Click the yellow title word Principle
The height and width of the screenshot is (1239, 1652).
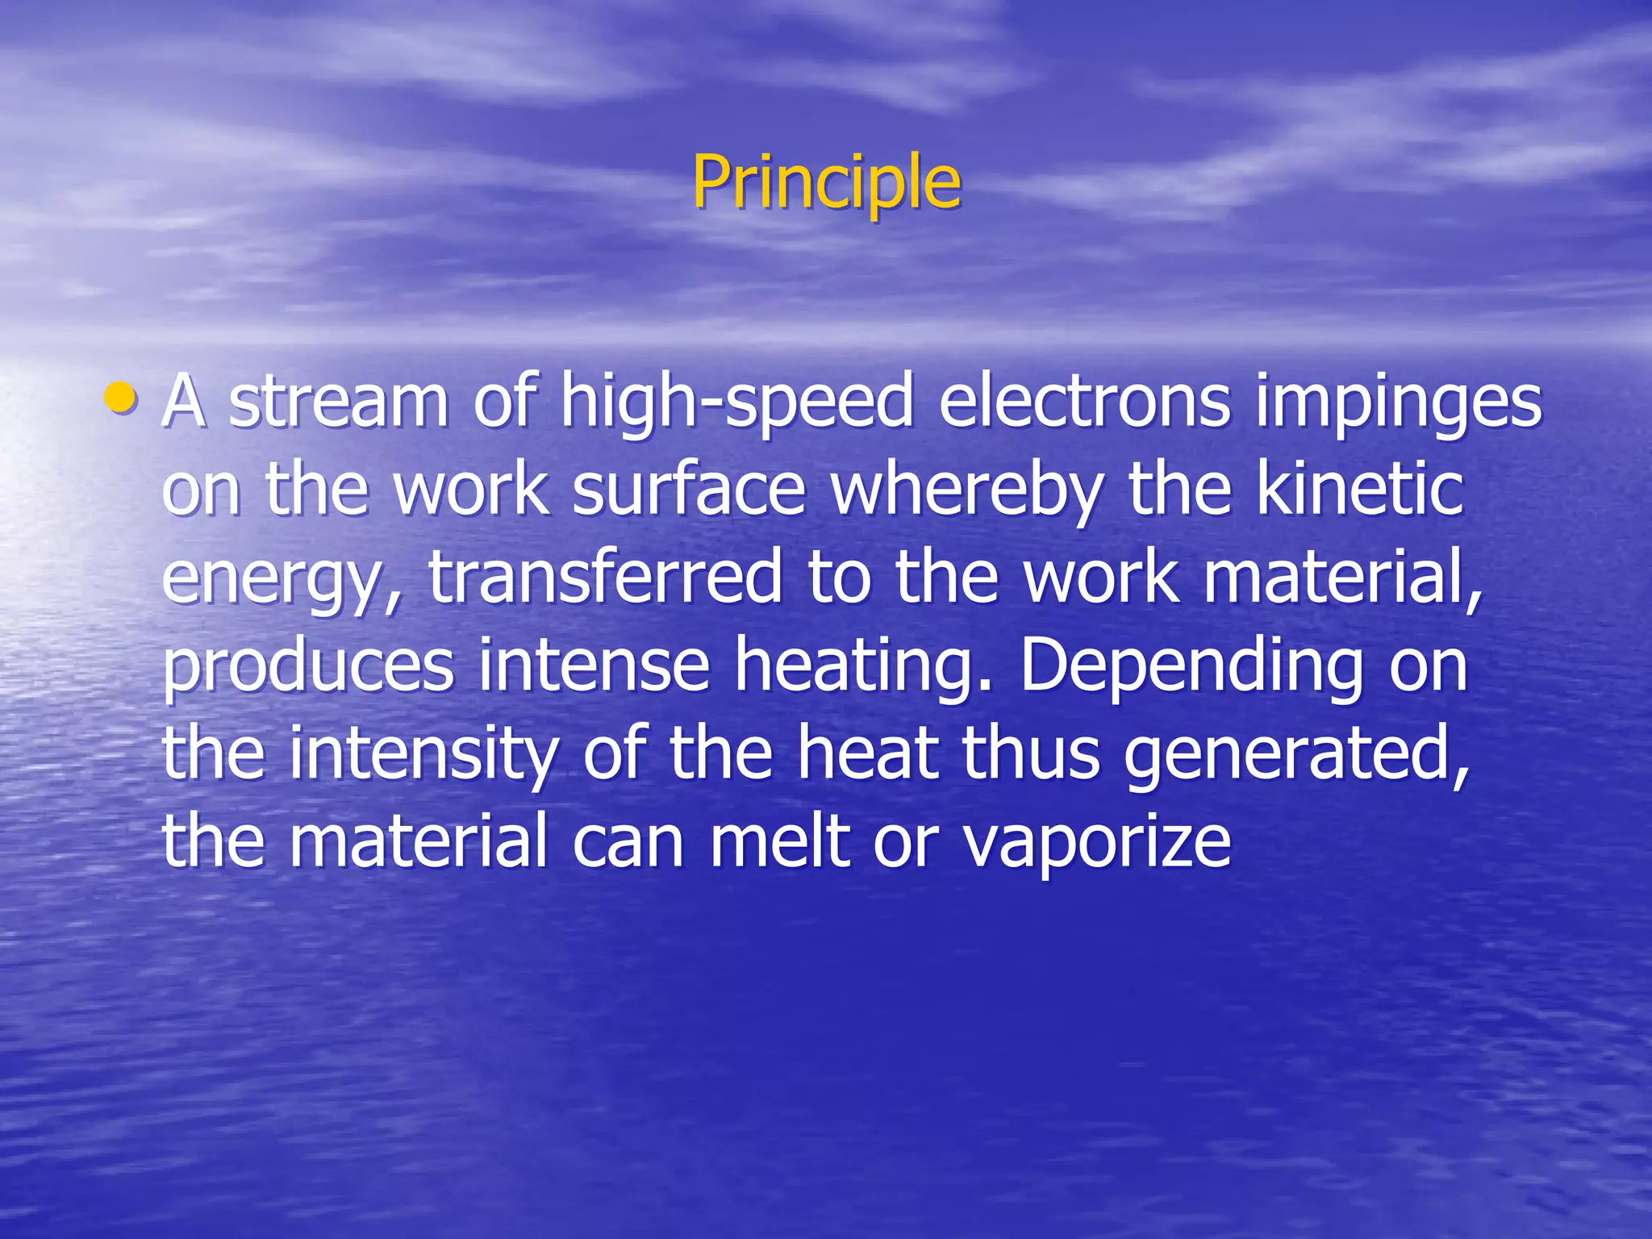pos(826,182)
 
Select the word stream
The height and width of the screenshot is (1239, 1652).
pos(339,401)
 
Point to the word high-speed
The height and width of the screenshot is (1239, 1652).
pos(736,401)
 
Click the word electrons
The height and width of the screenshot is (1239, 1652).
pos(1084,401)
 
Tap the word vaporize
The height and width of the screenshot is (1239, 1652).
pos(1097,843)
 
